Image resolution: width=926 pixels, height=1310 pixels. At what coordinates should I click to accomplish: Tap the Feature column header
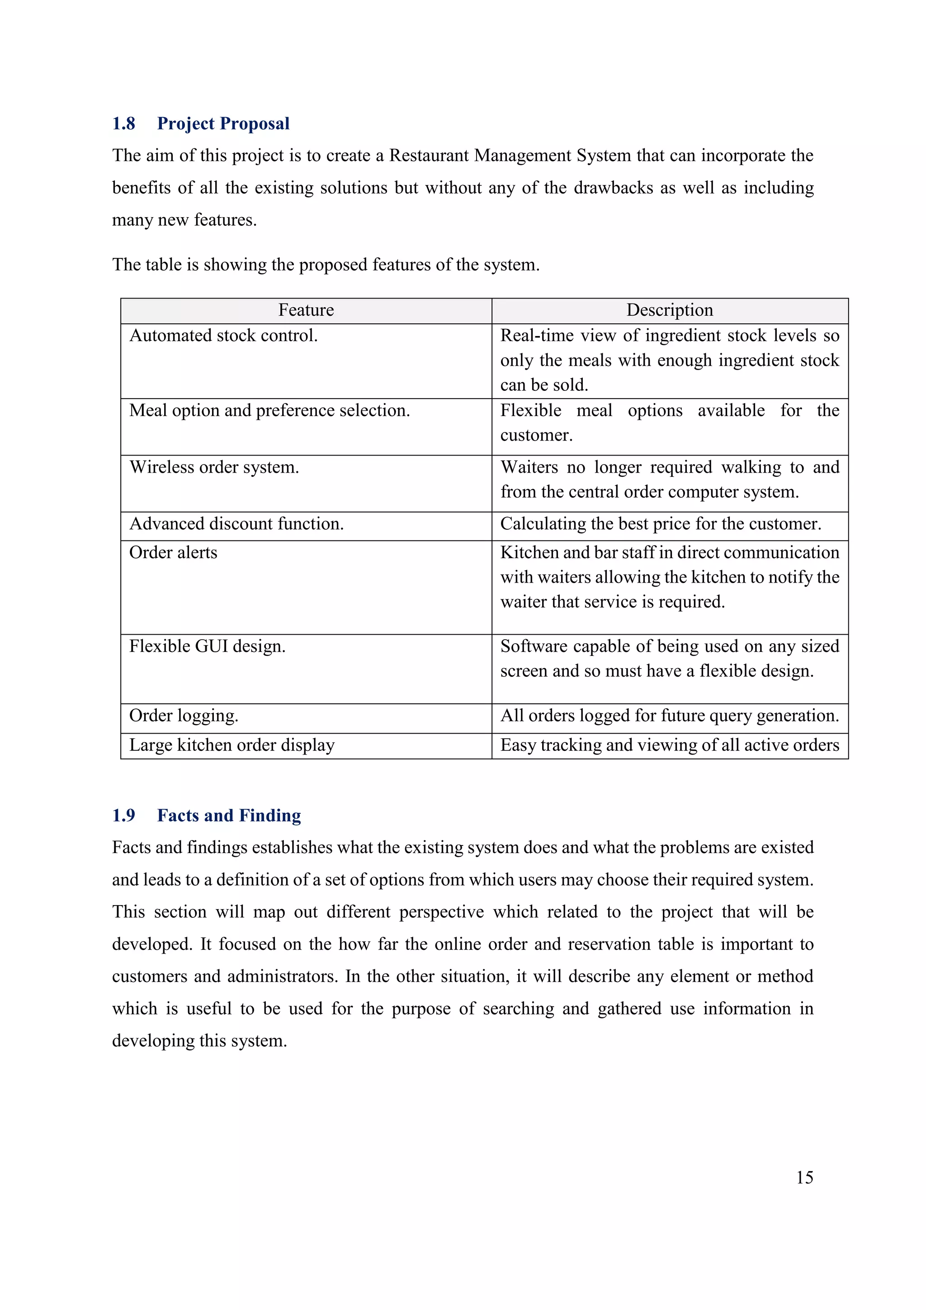point(306,310)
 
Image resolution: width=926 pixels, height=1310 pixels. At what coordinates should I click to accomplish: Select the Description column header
point(670,310)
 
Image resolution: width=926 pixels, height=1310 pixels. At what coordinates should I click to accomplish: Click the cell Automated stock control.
point(223,336)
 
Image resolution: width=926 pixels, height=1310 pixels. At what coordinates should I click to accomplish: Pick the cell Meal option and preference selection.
point(269,410)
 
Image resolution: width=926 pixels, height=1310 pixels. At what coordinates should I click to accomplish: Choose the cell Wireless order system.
point(214,467)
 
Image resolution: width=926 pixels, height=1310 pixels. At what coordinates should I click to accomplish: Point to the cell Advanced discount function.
point(236,524)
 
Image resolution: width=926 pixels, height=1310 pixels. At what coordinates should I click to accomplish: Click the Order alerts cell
point(173,552)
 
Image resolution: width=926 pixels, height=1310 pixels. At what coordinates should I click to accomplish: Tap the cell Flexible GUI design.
point(207,646)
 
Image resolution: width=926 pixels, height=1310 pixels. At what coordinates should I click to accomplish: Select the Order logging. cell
point(184,716)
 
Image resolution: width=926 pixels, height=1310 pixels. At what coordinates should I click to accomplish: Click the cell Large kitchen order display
point(231,745)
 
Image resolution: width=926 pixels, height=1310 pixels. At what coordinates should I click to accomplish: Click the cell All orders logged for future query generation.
point(670,716)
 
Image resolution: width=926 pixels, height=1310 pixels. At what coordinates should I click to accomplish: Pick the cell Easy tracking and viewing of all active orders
point(670,745)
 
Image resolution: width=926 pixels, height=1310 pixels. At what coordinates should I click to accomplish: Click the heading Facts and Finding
point(229,815)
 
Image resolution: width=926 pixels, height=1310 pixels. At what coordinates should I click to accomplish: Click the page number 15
point(804,1177)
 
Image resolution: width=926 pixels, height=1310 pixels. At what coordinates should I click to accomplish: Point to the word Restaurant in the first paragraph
point(430,156)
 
